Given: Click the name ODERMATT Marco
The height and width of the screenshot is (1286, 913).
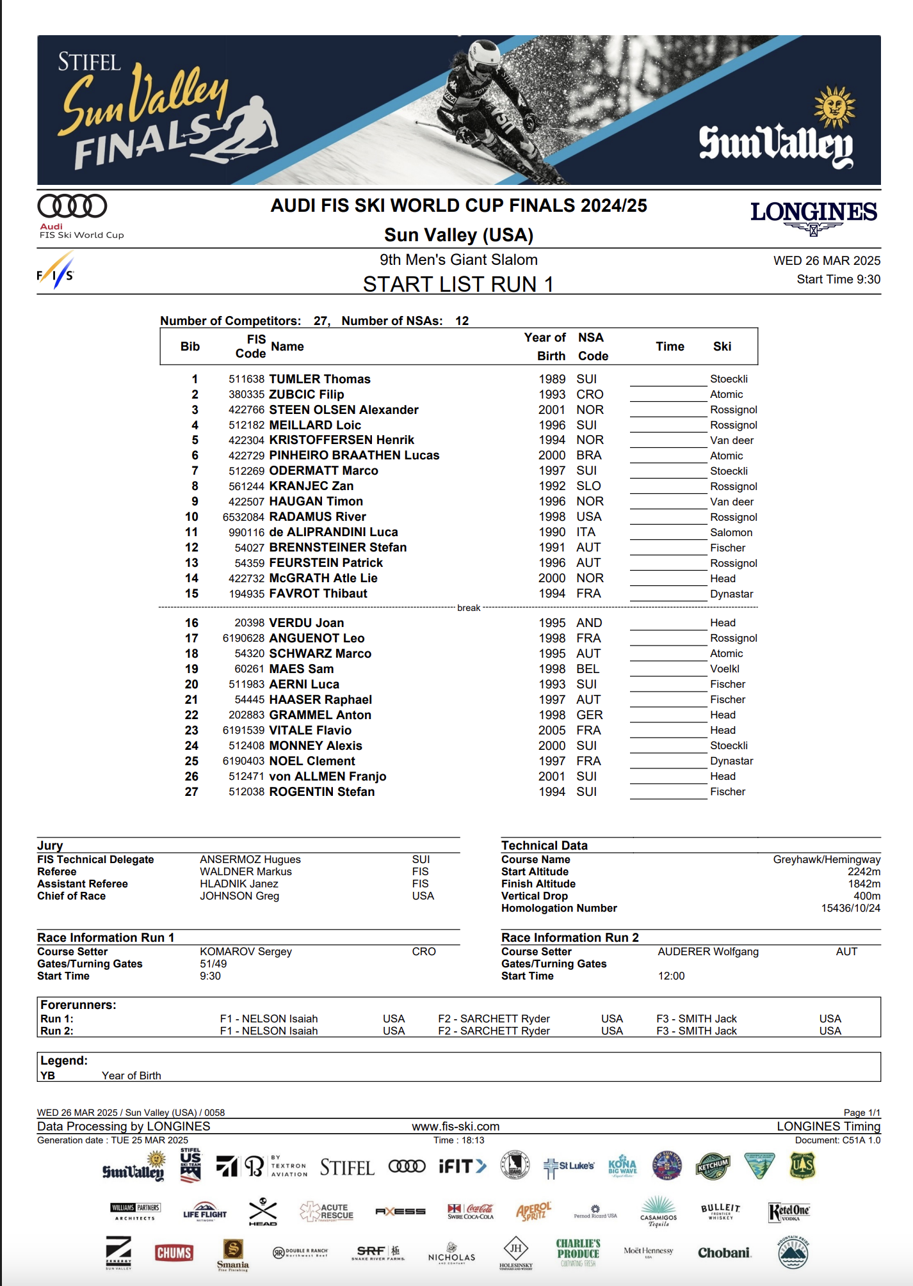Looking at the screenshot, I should click(323, 471).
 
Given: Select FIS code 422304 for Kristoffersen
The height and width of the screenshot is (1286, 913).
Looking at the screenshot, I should click(246, 440).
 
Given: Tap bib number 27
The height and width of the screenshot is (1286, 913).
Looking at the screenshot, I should click(191, 792).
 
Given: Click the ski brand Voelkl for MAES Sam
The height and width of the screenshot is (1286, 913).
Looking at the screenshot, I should click(725, 669).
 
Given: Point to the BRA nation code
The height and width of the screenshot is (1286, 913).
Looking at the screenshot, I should click(588, 456).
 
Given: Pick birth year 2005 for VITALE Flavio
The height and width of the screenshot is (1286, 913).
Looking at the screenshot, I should click(552, 731).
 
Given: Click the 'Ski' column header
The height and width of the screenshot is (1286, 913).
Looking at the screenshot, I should click(722, 347).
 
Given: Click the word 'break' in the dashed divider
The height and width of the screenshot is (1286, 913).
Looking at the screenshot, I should click(469, 608).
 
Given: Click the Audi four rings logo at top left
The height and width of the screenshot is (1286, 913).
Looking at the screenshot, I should click(72, 206).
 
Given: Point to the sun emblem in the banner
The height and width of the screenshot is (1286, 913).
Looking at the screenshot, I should click(834, 107).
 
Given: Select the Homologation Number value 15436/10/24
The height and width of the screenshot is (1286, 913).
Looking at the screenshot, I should click(850, 909).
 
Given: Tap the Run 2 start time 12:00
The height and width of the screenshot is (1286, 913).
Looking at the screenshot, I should click(671, 976).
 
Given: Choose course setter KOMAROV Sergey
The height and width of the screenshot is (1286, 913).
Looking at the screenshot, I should click(246, 952).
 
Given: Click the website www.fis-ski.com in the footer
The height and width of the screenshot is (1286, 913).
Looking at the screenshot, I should click(456, 1127).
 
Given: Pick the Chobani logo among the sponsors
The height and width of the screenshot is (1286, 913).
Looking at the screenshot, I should click(724, 1253).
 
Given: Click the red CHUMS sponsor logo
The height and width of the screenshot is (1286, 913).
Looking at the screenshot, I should click(174, 1253).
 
